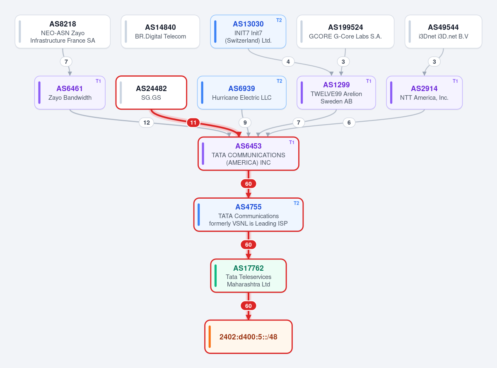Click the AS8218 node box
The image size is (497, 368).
[x=63, y=31]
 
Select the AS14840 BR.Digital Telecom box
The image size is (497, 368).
[x=160, y=31]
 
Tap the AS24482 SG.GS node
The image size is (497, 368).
[x=151, y=92]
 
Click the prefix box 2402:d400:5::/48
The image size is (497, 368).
[x=248, y=337]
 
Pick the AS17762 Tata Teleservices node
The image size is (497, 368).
[x=248, y=276]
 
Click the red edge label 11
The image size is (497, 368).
[x=193, y=123]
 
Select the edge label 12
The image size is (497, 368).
[x=147, y=123]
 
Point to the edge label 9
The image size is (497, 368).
[x=245, y=123]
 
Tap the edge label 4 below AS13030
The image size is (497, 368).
[x=288, y=62]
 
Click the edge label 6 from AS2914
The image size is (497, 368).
[x=349, y=123]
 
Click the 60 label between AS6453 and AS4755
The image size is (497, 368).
[x=248, y=184]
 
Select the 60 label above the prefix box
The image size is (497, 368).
[x=248, y=306]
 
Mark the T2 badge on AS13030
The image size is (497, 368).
[x=279, y=20]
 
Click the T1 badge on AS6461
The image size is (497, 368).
[x=98, y=81]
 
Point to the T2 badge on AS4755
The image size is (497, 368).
[x=296, y=203]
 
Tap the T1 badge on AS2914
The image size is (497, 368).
[x=455, y=81]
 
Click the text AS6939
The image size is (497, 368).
[x=241, y=89]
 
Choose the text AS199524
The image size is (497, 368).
[x=345, y=27]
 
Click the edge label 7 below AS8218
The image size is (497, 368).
[x=66, y=62]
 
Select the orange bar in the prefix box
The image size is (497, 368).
[x=210, y=337]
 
